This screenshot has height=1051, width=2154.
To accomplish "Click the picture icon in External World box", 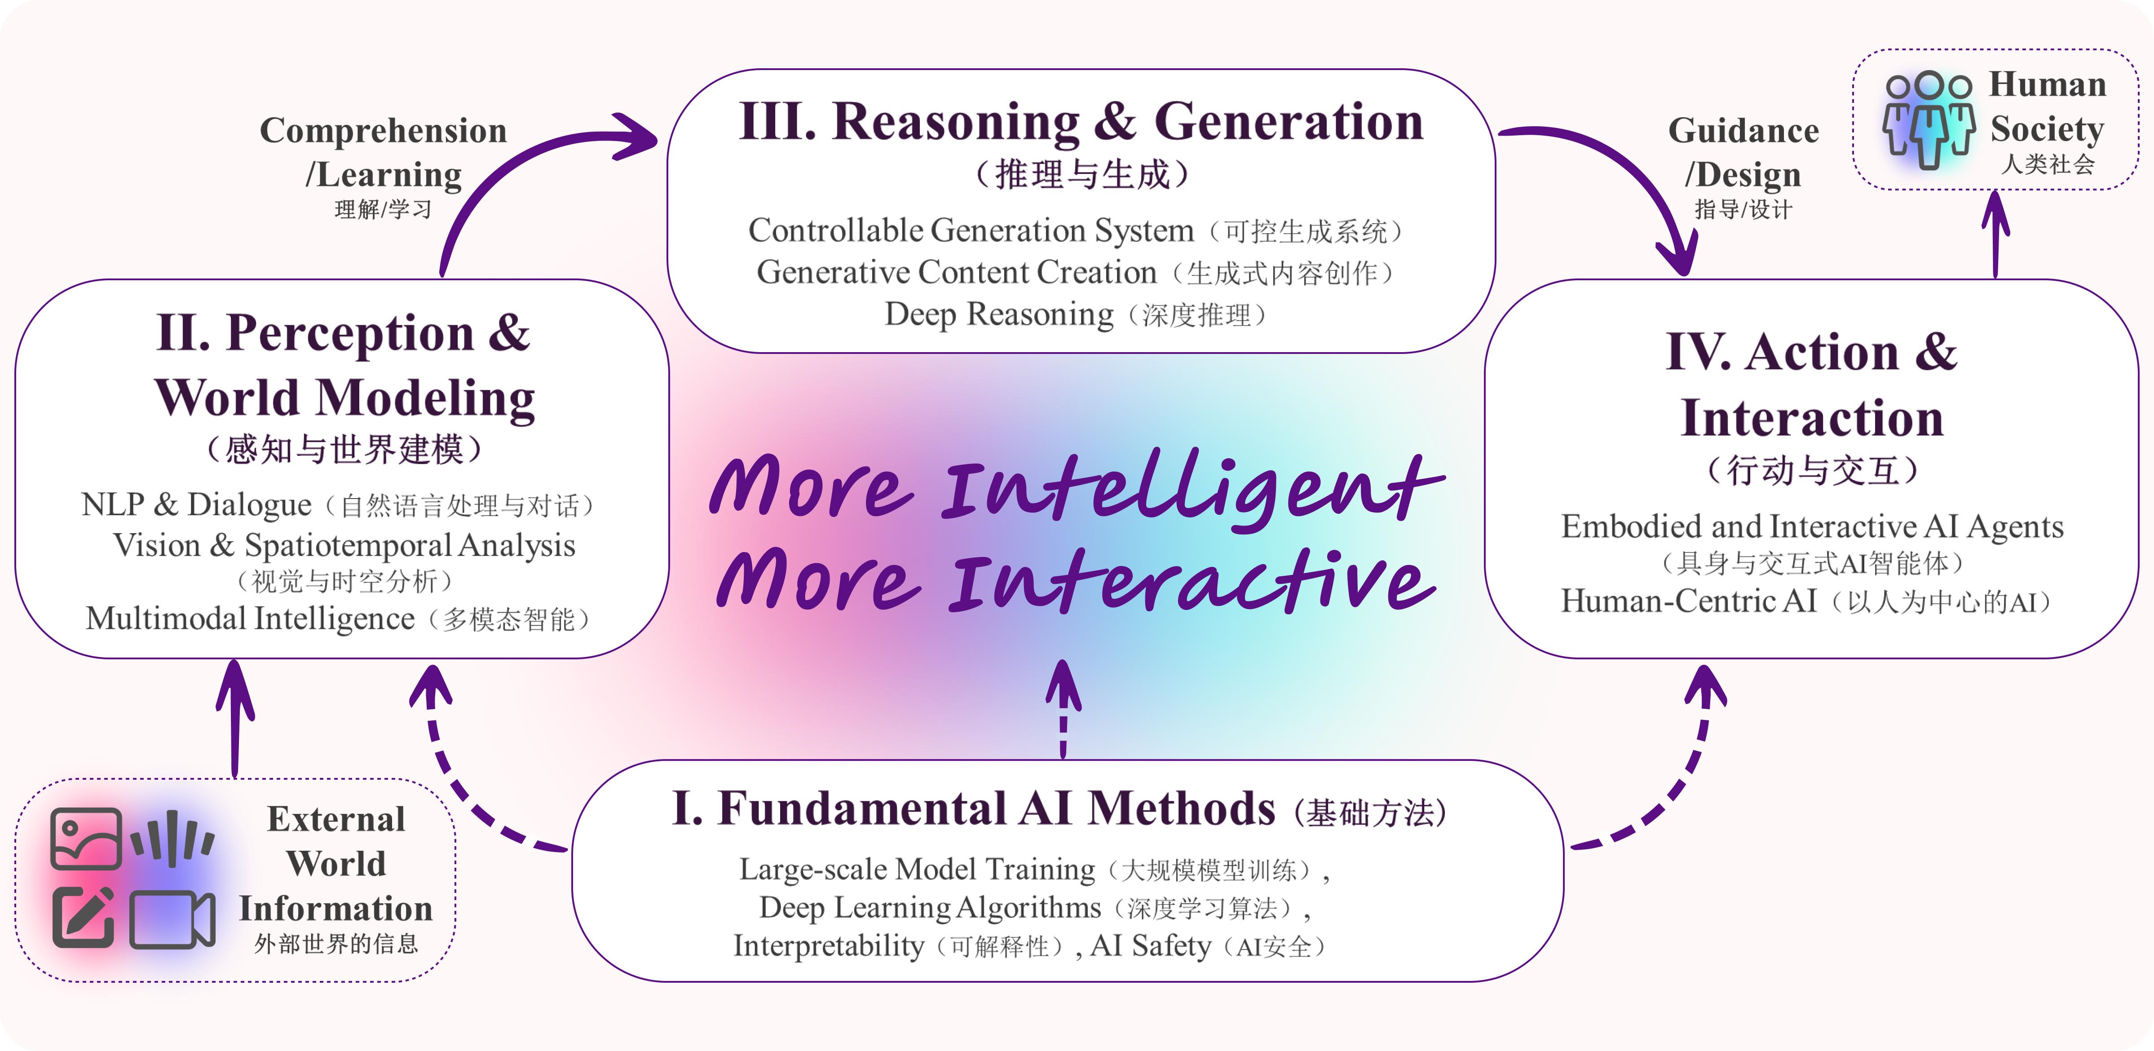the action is (x=85, y=839).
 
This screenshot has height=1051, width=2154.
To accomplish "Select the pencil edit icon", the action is (x=84, y=916).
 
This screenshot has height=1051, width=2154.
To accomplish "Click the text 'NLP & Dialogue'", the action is (x=197, y=504).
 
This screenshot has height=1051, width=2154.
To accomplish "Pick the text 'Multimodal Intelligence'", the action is (x=250, y=619).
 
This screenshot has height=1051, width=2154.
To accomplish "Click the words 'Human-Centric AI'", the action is (x=1689, y=601).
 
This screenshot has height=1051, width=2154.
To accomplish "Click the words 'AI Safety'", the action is (x=1151, y=945).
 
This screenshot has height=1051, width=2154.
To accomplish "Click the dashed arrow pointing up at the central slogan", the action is (x=1064, y=709).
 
